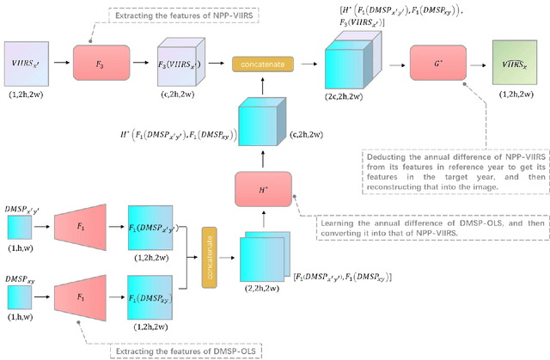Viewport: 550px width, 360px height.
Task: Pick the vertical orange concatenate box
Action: [207, 272]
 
